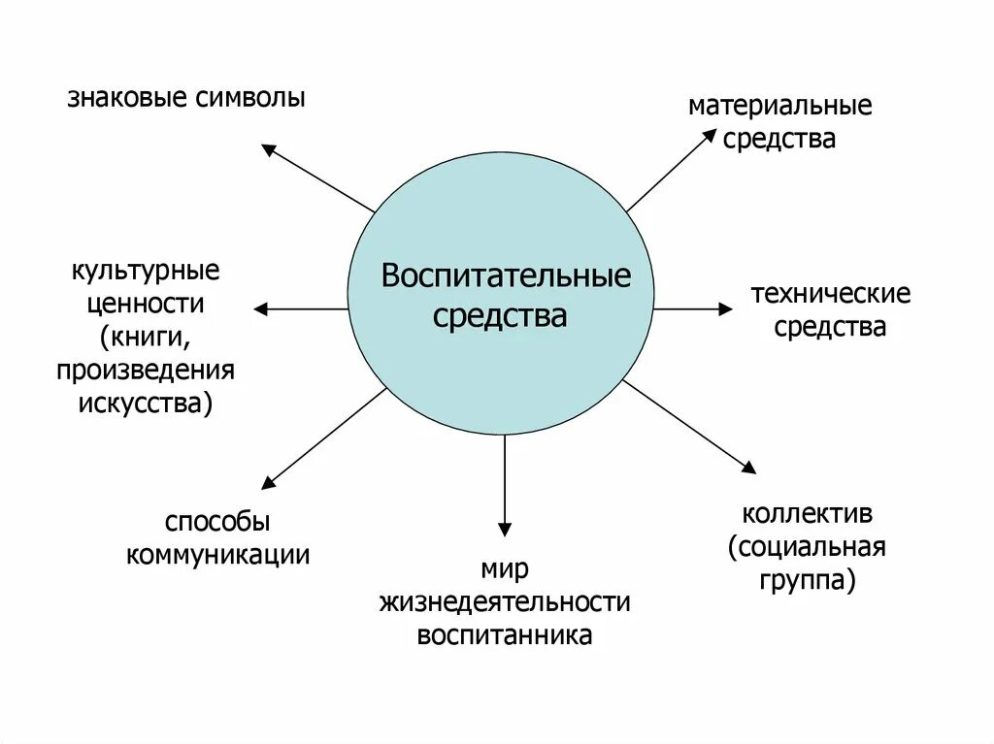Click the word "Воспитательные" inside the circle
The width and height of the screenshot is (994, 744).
(505, 277)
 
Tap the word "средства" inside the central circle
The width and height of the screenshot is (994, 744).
(500, 315)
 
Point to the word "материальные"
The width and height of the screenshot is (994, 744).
(779, 105)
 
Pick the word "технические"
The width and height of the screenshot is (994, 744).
(830, 294)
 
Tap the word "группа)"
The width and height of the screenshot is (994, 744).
(808, 580)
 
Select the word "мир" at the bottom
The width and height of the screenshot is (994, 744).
(504, 568)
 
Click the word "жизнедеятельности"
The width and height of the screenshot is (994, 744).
(505, 602)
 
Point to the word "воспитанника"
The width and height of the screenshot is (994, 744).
(505, 636)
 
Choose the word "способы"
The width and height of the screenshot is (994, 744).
(217, 522)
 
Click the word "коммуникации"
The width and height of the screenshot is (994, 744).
(218, 555)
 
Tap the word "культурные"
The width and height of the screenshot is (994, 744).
(145, 268)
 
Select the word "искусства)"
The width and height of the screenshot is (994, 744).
(145, 403)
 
